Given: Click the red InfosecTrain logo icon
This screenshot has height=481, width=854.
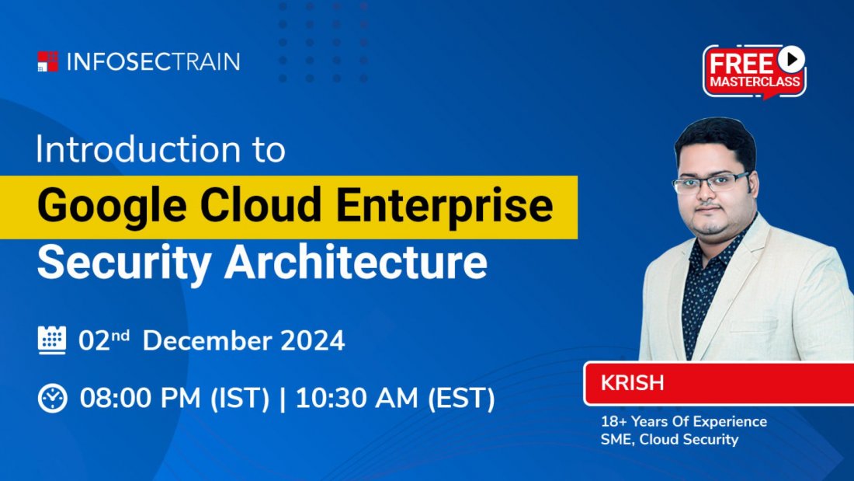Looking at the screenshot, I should pyautogui.click(x=47, y=61).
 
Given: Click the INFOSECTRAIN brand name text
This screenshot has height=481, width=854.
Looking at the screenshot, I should pyautogui.click(x=154, y=61).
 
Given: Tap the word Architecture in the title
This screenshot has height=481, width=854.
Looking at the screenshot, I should pyautogui.click(x=356, y=264).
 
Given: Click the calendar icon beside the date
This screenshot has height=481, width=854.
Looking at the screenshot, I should pyautogui.click(x=52, y=340).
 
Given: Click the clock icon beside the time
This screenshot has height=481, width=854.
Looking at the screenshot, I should pyautogui.click(x=52, y=398).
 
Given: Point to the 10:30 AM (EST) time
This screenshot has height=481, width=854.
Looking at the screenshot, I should pyautogui.click(x=395, y=398).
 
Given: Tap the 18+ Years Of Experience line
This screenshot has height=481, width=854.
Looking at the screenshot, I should pyautogui.click(x=683, y=422).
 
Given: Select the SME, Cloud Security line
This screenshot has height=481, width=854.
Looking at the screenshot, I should pyautogui.click(x=669, y=440).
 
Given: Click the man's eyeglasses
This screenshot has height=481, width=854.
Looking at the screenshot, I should pyautogui.click(x=710, y=183).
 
